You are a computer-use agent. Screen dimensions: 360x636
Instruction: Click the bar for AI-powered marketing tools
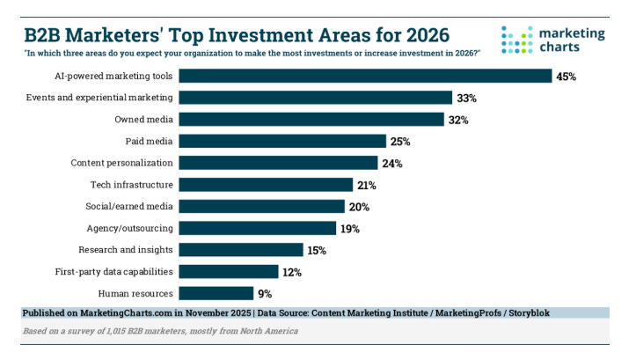pyautogui.click(x=365, y=77)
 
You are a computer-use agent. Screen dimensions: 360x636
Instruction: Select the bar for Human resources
pyautogui.click(x=216, y=293)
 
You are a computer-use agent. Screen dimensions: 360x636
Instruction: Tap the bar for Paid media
pyautogui.click(x=282, y=141)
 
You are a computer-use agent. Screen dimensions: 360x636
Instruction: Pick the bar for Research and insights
pyautogui.click(x=241, y=250)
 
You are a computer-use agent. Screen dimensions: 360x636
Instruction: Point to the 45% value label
pyautogui.click(x=566, y=77)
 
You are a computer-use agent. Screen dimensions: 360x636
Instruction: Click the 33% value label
pyautogui.click(x=466, y=98)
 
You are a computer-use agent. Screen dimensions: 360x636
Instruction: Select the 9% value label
pyautogui.click(x=265, y=293)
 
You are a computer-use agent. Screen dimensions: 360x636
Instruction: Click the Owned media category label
pyautogui.click(x=143, y=119)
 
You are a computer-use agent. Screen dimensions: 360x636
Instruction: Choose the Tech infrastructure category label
pyautogui.click(x=132, y=185)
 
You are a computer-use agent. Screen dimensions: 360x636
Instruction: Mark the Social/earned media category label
pyautogui.click(x=130, y=206)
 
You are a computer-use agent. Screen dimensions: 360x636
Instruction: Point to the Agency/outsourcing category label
pyautogui.click(x=131, y=228)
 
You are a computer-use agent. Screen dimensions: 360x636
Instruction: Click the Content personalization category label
pyautogui.click(x=121, y=163)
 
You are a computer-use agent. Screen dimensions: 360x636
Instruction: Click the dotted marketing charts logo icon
pyautogui.click(x=517, y=39)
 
